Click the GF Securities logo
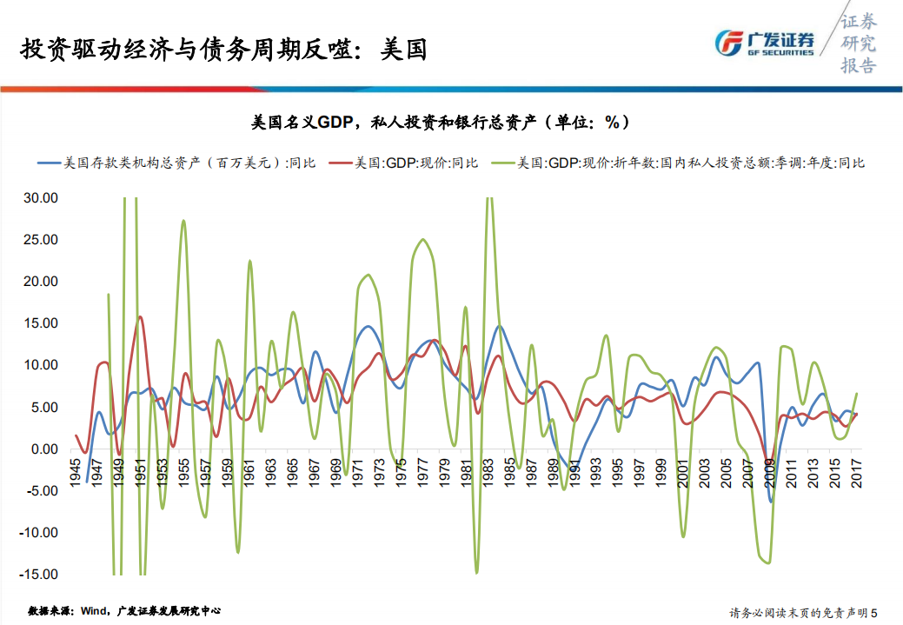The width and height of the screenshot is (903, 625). click(764, 43)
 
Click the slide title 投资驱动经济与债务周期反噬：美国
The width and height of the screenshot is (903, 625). click(223, 48)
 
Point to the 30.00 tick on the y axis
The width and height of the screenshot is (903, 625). click(39, 198)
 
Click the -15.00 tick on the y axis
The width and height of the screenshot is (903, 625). click(37, 575)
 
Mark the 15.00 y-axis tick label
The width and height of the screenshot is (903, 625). click(39, 323)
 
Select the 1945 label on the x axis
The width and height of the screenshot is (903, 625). click(76, 471)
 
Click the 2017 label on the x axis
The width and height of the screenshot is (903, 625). click(857, 471)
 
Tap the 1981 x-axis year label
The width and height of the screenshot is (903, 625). click(467, 471)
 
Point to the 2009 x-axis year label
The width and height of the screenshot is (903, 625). click(770, 471)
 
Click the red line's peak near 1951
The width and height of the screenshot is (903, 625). click(140, 316)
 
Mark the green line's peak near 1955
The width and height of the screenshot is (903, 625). click(183, 221)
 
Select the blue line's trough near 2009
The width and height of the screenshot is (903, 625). click(770, 502)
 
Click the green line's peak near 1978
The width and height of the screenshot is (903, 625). click(422, 240)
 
